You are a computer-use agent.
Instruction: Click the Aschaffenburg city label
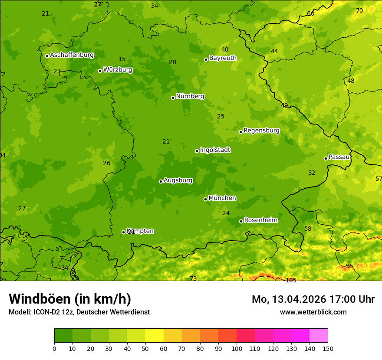coord(72,55)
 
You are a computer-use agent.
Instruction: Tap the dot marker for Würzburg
coord(100,71)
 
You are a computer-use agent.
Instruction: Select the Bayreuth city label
coord(223,58)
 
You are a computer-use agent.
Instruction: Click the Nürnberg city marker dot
coord(173,98)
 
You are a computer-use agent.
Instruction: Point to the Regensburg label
coord(261,131)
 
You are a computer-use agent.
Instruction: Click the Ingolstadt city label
coord(215,150)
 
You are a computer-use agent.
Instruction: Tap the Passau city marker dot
coord(326,158)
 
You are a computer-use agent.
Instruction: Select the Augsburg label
coord(178,180)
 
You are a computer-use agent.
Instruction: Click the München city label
coord(222,198)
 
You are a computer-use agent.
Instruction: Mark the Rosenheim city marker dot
coord(241,222)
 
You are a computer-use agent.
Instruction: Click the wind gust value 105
coord(291,280)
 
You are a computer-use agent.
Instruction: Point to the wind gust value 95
coord(349,266)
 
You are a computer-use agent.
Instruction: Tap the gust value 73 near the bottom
coord(193,278)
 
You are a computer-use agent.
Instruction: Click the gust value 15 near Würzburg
coord(122,59)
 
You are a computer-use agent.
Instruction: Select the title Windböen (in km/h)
coord(69,299)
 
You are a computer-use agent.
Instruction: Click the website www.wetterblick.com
coord(313,312)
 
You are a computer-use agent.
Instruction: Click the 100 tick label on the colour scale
coord(237,349)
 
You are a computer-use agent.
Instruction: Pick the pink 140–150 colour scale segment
coord(319,336)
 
